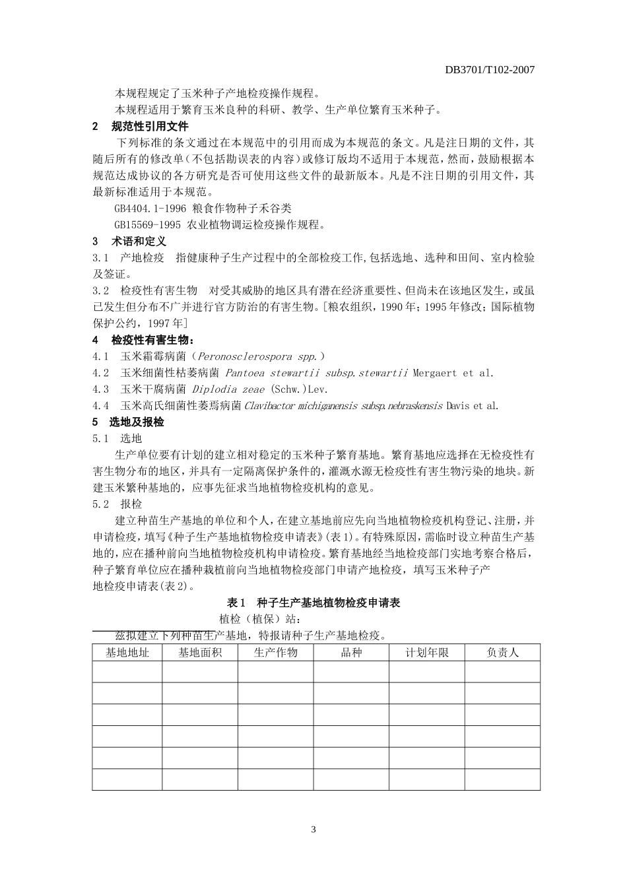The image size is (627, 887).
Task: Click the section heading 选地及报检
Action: click(137, 422)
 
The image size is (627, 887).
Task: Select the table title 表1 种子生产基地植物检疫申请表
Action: click(313, 602)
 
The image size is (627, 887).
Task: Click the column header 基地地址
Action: click(127, 652)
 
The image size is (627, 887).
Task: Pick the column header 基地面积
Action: click(200, 652)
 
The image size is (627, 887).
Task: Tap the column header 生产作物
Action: click(276, 652)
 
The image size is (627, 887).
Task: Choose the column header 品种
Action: click(351, 652)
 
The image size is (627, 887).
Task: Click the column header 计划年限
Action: click(427, 652)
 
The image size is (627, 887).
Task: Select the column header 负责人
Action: click(502, 652)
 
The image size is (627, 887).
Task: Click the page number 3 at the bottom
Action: click(313, 829)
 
